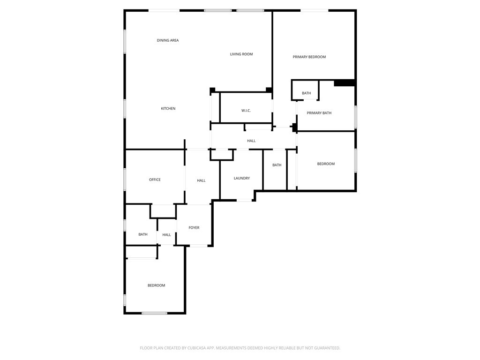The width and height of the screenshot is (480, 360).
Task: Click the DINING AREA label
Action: click(x=168, y=40)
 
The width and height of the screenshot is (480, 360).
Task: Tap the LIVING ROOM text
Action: click(x=241, y=54)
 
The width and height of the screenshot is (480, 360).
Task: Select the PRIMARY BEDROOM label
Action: click(x=309, y=57)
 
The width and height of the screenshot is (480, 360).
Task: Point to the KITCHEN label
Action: click(x=168, y=109)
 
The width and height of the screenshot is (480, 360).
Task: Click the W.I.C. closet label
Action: click(x=246, y=111)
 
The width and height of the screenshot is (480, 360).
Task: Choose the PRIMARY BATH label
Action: click(x=319, y=113)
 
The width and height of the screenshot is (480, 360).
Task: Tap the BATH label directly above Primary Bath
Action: click(x=307, y=93)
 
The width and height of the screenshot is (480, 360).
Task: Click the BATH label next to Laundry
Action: click(x=277, y=165)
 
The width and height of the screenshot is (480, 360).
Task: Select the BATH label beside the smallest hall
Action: click(x=143, y=234)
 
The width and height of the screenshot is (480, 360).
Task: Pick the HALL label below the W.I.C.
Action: click(x=251, y=141)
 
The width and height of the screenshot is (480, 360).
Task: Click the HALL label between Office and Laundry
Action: click(x=201, y=180)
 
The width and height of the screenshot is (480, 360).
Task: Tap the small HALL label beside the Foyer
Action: click(x=166, y=235)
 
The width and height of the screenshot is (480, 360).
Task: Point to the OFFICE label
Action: click(x=155, y=180)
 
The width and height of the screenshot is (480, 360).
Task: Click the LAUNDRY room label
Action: click(x=242, y=178)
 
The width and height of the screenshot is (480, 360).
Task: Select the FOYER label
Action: click(x=194, y=228)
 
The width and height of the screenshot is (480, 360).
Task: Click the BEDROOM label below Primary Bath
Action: click(x=326, y=164)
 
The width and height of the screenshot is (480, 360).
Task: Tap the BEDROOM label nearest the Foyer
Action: click(x=157, y=285)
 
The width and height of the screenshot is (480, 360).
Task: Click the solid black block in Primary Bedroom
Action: click(x=344, y=83)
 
